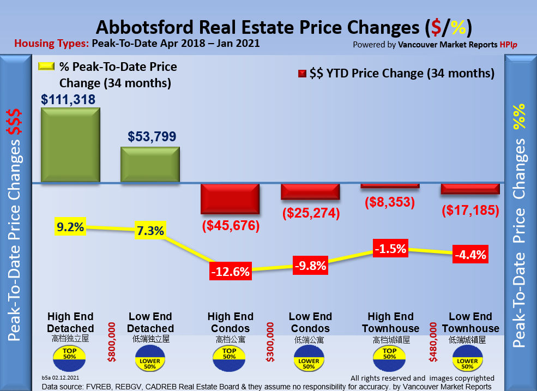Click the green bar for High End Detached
70,145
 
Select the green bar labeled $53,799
150,165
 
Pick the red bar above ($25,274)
310,191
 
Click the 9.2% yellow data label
70,226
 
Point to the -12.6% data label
230,271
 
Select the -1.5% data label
390,249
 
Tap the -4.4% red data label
470,255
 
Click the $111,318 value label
68,99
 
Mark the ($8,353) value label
390,202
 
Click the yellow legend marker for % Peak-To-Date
46,67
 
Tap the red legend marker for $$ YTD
302,74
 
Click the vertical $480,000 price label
434,342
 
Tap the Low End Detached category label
150,322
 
